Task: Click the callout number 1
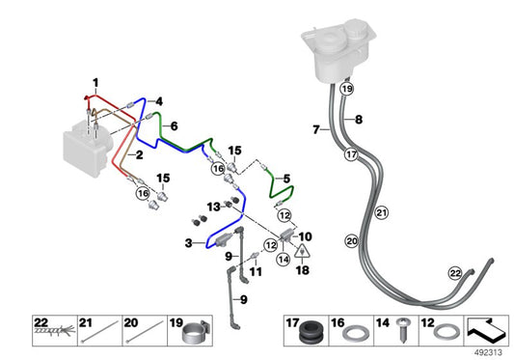[95, 80]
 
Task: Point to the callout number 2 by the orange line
[138, 154]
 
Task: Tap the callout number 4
[159, 100]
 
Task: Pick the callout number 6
[175, 126]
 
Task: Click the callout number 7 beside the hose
[315, 129]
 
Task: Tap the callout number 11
[256, 273]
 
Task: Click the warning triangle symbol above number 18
[302, 252]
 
